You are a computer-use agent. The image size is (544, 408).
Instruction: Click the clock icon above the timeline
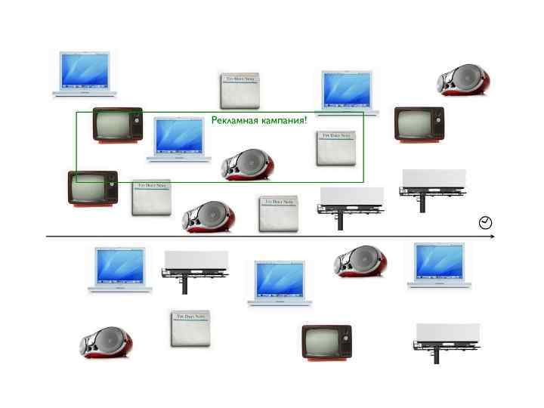486,222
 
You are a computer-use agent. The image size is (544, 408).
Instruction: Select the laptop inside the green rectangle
179,139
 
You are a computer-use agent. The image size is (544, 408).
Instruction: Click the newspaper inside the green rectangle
335,148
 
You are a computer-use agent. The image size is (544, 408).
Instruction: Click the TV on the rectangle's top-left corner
117,125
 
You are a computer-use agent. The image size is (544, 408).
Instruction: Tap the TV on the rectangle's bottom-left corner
93,187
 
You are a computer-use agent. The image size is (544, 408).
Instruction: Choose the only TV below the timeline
326,342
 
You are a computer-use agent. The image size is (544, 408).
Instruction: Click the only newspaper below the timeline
190,329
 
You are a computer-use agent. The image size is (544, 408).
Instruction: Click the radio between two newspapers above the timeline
208,216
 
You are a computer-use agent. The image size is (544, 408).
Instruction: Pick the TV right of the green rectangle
419,123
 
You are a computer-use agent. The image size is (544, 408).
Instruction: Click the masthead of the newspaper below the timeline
190,317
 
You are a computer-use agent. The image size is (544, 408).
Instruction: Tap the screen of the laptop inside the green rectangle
180,134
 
